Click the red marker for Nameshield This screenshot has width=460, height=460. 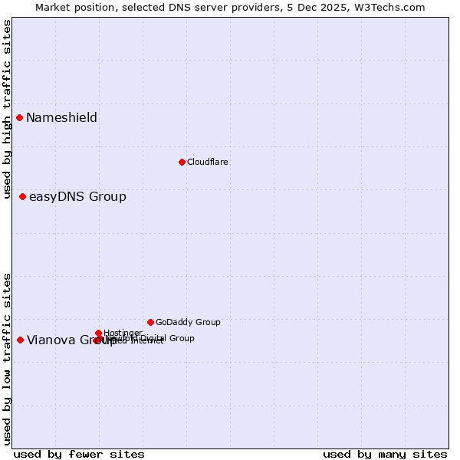(x=20, y=117)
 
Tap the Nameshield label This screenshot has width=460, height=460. (x=61, y=117)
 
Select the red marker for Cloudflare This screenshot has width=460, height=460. (x=182, y=162)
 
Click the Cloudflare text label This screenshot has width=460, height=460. (x=207, y=162)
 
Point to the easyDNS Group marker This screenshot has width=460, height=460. (x=23, y=197)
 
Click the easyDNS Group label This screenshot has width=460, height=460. (x=77, y=197)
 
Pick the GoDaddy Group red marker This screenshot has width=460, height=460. (x=150, y=322)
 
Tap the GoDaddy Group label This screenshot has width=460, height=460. (x=188, y=322)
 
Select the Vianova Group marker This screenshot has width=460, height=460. (x=20, y=340)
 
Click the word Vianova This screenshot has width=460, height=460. (x=50, y=340)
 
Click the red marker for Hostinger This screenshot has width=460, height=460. (x=99, y=333)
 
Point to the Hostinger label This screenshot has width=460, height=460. (x=123, y=333)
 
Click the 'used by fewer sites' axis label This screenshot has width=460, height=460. (x=79, y=454)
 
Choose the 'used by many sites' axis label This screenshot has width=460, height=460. (x=385, y=454)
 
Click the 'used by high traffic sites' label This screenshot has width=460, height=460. (x=7, y=100)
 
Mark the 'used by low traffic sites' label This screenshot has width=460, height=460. (x=7, y=358)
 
